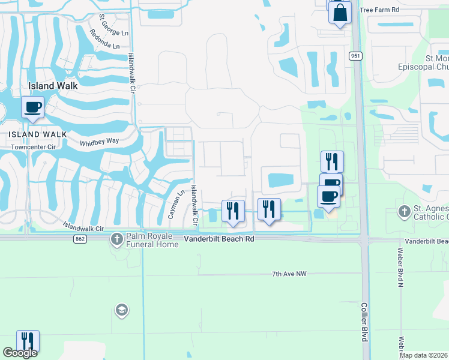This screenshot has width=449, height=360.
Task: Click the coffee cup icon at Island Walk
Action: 32,108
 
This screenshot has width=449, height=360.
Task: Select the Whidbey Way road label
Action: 100,142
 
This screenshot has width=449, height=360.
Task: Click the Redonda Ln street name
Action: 104,38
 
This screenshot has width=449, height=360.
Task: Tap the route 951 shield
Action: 356,56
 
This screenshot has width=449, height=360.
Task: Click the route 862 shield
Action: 80,239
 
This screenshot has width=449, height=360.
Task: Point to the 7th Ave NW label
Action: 289,274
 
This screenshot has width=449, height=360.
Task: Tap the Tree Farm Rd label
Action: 379,10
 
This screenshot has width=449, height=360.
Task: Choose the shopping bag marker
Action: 340,13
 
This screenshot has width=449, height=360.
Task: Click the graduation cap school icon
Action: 121,310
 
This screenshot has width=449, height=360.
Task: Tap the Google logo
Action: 20,353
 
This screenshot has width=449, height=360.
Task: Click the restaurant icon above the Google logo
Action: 28,341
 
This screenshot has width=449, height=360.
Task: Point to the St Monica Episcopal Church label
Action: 423,62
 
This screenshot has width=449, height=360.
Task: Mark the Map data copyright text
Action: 423,355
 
